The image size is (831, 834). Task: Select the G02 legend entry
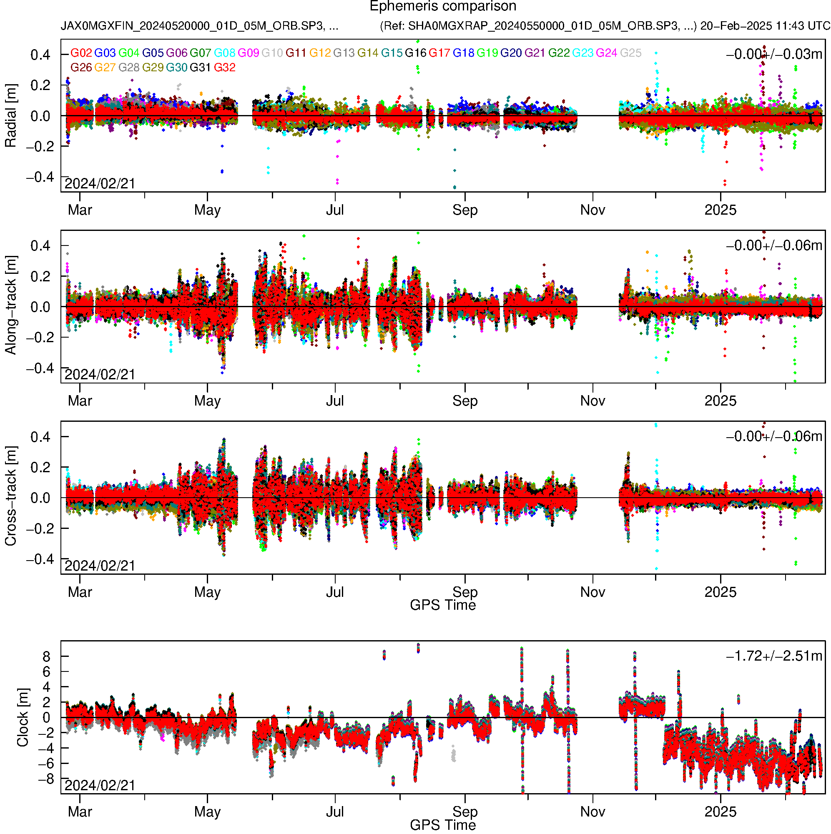pos(81,53)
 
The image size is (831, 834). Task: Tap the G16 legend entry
pos(415,53)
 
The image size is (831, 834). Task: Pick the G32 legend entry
pos(224,68)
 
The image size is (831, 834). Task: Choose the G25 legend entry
pos(630,53)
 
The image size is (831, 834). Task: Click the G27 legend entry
pos(105,68)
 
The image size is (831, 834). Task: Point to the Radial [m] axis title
pos(10,116)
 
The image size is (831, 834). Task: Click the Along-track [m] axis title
pos(10,305)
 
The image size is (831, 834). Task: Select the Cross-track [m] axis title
pos(10,496)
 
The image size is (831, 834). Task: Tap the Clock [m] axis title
pos(23,717)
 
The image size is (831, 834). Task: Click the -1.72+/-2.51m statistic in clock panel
pos(774,656)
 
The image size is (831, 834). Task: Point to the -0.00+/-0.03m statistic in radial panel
pos(774,54)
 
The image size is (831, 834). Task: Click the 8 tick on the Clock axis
pos(46,656)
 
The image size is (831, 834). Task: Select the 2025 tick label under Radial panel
pos(720,210)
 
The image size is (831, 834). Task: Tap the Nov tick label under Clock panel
pos(592,811)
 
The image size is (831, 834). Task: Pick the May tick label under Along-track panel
pos(207,401)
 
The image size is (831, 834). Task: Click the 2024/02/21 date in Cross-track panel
pos(100,566)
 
